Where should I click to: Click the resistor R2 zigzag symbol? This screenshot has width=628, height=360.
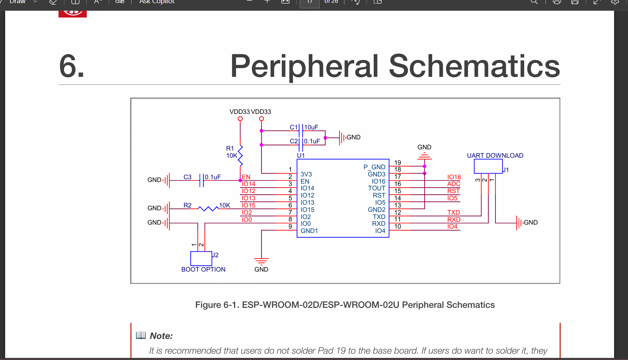pos(208,208)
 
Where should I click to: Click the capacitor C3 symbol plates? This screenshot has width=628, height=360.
pos(201,180)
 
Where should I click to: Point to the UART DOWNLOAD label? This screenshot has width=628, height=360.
pos(495,156)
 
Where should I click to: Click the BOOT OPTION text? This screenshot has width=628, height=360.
pos(203,270)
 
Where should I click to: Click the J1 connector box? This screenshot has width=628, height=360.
pos(488,166)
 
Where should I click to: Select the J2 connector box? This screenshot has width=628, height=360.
pos(201,258)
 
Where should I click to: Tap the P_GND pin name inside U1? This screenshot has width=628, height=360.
pos(374,167)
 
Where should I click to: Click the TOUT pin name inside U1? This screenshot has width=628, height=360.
pos(376,188)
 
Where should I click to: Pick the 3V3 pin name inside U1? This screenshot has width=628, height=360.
pos(306,174)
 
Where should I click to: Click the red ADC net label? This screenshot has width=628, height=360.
pos(453,184)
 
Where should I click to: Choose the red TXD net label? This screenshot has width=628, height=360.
pos(453,213)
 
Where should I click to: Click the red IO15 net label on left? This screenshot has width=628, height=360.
pos(248,205)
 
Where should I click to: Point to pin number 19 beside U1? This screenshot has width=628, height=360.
pos(398,162)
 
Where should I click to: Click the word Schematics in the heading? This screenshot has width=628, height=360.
pos(474,66)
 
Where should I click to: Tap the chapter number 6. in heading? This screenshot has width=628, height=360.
pos(72,66)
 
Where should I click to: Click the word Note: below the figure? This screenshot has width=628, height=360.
pos(161,336)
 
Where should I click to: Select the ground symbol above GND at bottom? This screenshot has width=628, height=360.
pos(261,261)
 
